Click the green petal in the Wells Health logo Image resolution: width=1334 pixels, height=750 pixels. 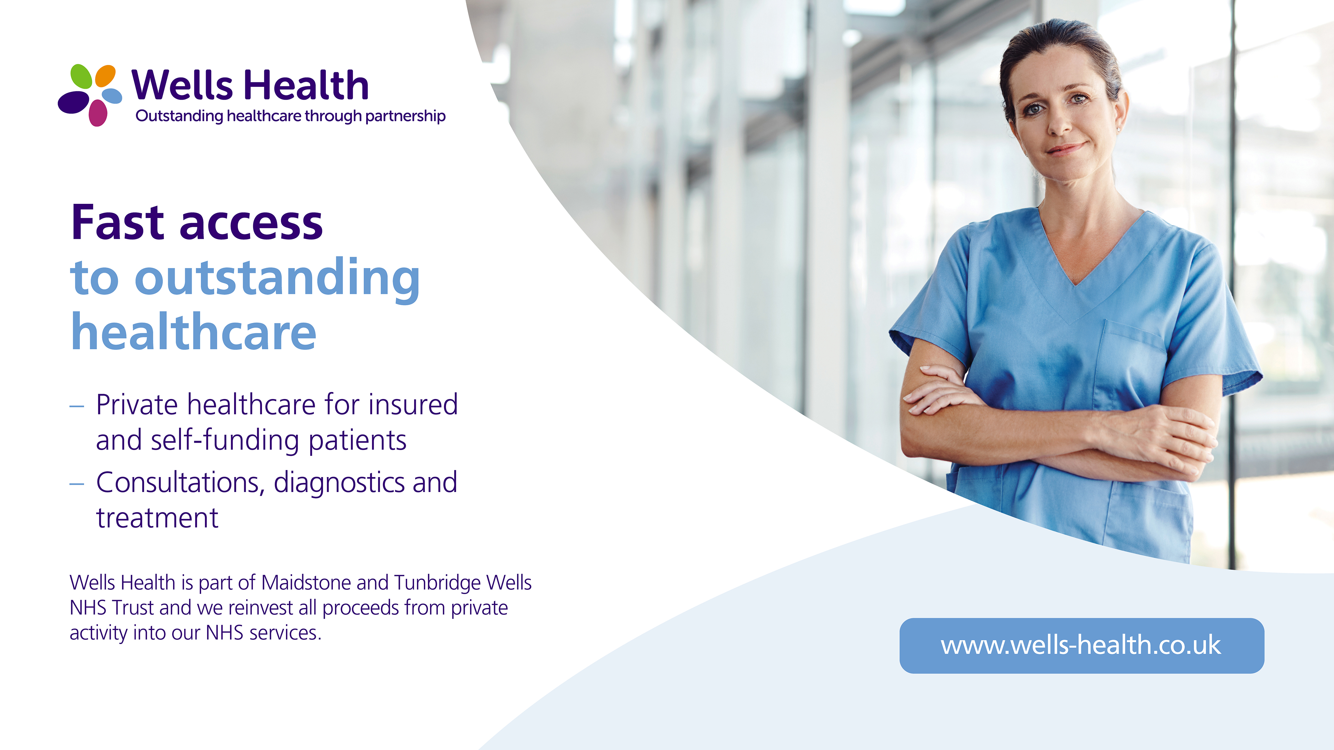coord(81,76)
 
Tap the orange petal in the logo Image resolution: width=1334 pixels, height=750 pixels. coord(106,76)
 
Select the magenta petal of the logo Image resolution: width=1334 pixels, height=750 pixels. coord(98,113)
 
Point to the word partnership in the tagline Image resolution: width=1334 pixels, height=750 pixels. coord(405,116)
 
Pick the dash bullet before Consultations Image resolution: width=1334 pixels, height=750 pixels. coord(77,484)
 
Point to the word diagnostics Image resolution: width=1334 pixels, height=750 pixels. coord(339,483)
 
